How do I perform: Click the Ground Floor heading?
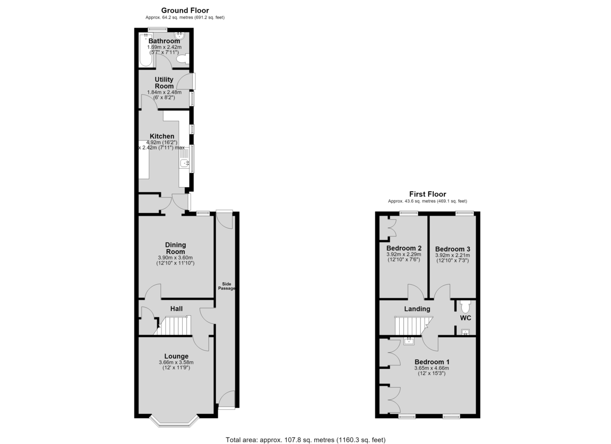tap(185, 10)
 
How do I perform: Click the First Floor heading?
tap(427, 194)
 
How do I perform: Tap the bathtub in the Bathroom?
tap(146, 50)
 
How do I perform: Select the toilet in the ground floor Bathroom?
tap(183, 59)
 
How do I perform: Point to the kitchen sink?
tap(185, 163)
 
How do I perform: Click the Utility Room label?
tap(164, 83)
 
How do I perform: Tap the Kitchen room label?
tap(162, 136)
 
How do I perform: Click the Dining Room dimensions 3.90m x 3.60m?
tap(175, 258)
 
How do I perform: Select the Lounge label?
tap(176, 357)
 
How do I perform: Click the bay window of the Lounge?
tap(174, 424)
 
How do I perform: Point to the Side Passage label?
tap(227, 286)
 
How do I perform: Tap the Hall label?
tap(177, 309)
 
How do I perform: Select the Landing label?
tap(417, 309)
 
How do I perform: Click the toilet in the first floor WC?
tap(465, 307)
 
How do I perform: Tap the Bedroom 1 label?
tap(432, 362)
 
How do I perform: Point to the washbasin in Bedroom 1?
tap(409, 341)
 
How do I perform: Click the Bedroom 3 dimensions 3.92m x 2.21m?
tap(453, 255)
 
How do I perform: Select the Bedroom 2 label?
tap(404, 248)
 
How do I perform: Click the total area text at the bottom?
tap(305, 432)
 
